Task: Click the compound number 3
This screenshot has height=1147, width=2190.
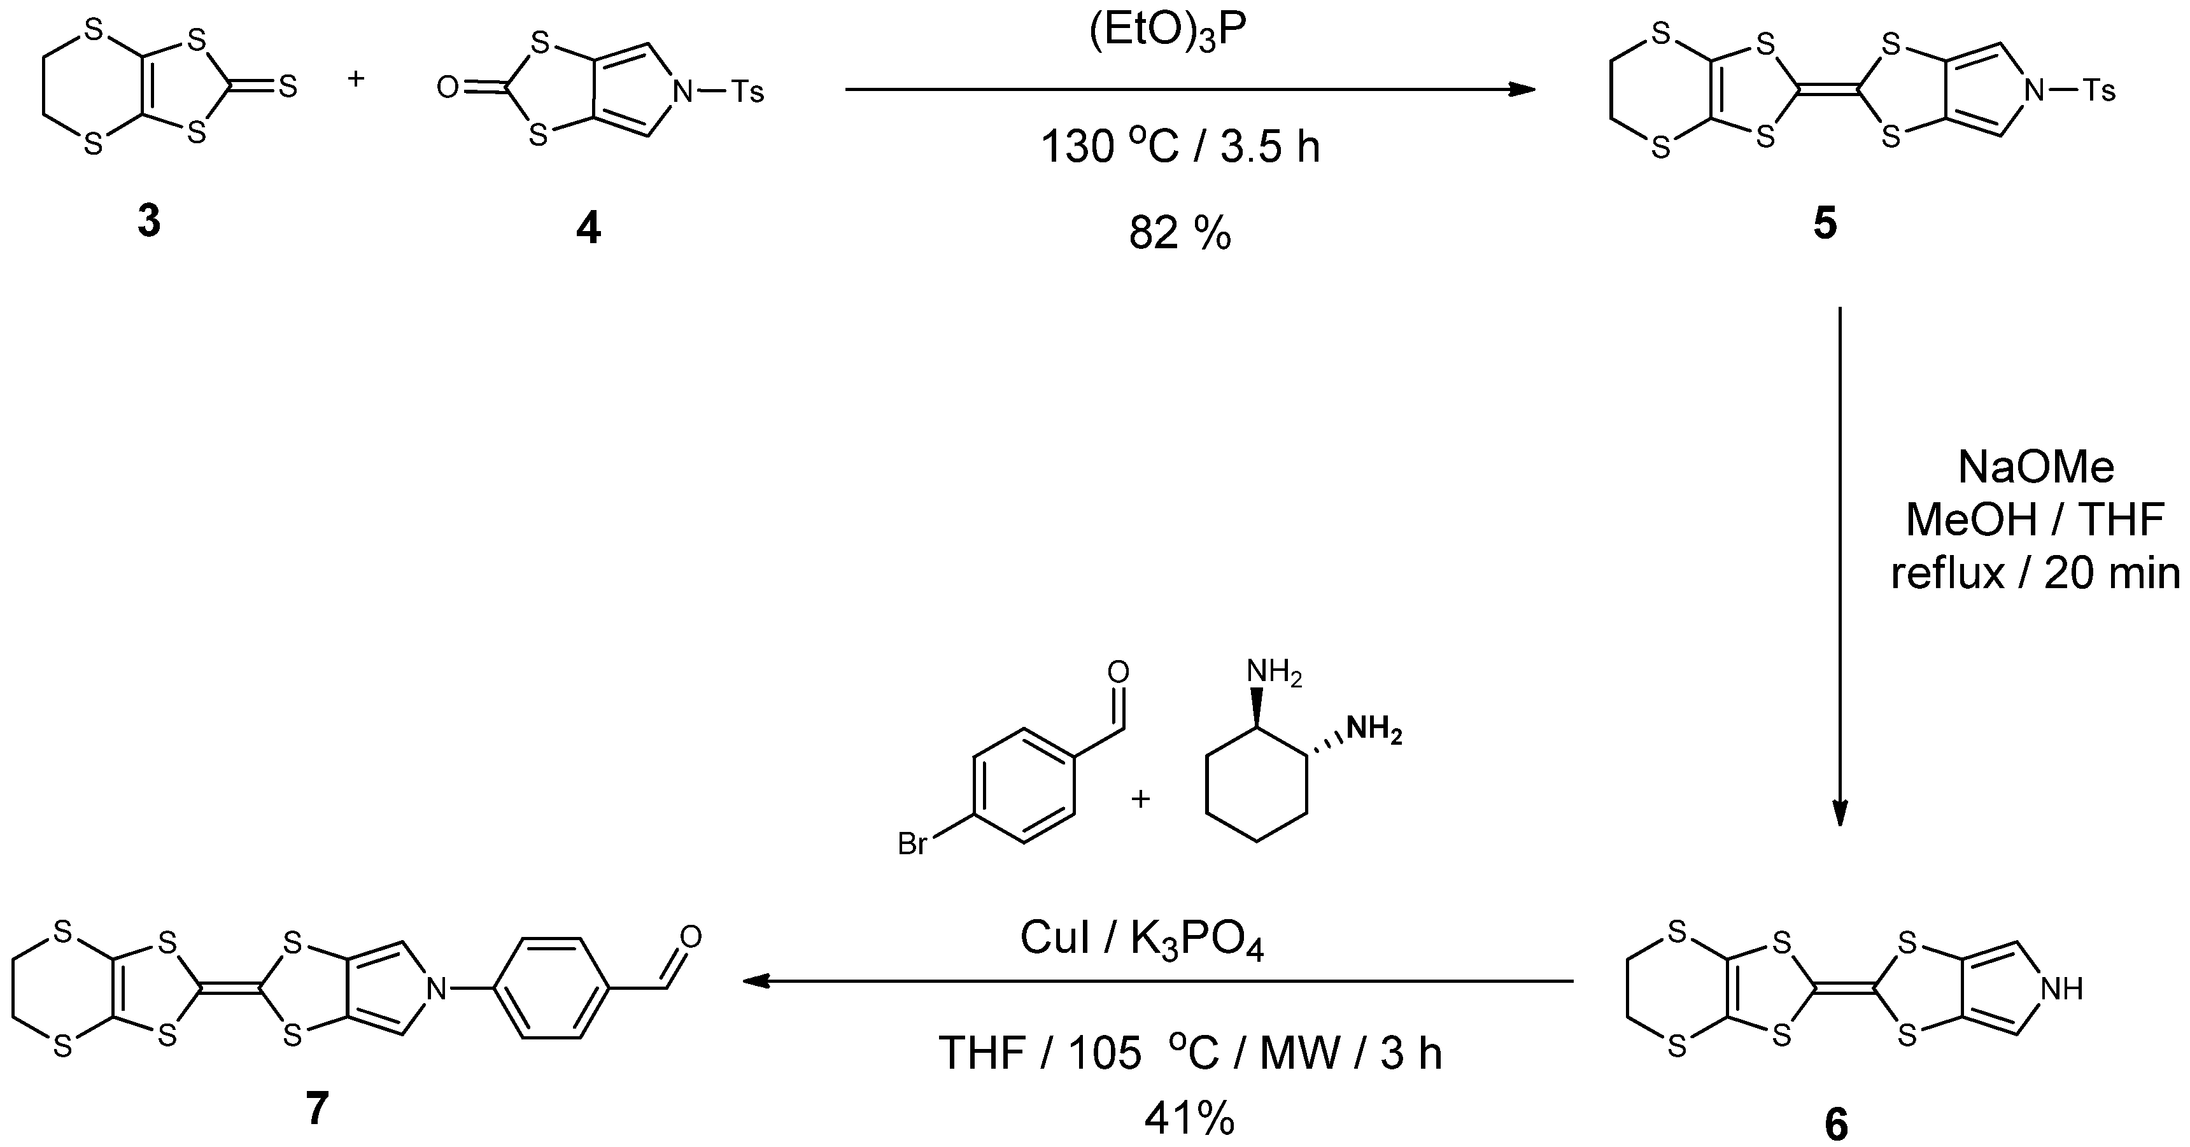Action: click(x=149, y=223)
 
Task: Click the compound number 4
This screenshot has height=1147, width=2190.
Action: click(x=588, y=228)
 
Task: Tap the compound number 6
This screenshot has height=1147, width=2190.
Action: click(x=1835, y=1125)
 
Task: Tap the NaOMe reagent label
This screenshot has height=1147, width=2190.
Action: click(x=2035, y=467)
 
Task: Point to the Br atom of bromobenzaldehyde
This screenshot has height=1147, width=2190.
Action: click(x=913, y=844)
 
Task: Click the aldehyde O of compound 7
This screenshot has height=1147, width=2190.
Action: click(x=690, y=937)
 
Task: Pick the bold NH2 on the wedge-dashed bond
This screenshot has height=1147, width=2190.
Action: click(x=1374, y=730)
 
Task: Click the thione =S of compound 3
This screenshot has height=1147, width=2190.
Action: click(x=288, y=86)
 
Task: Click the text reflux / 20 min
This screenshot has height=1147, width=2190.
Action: click(x=2035, y=574)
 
